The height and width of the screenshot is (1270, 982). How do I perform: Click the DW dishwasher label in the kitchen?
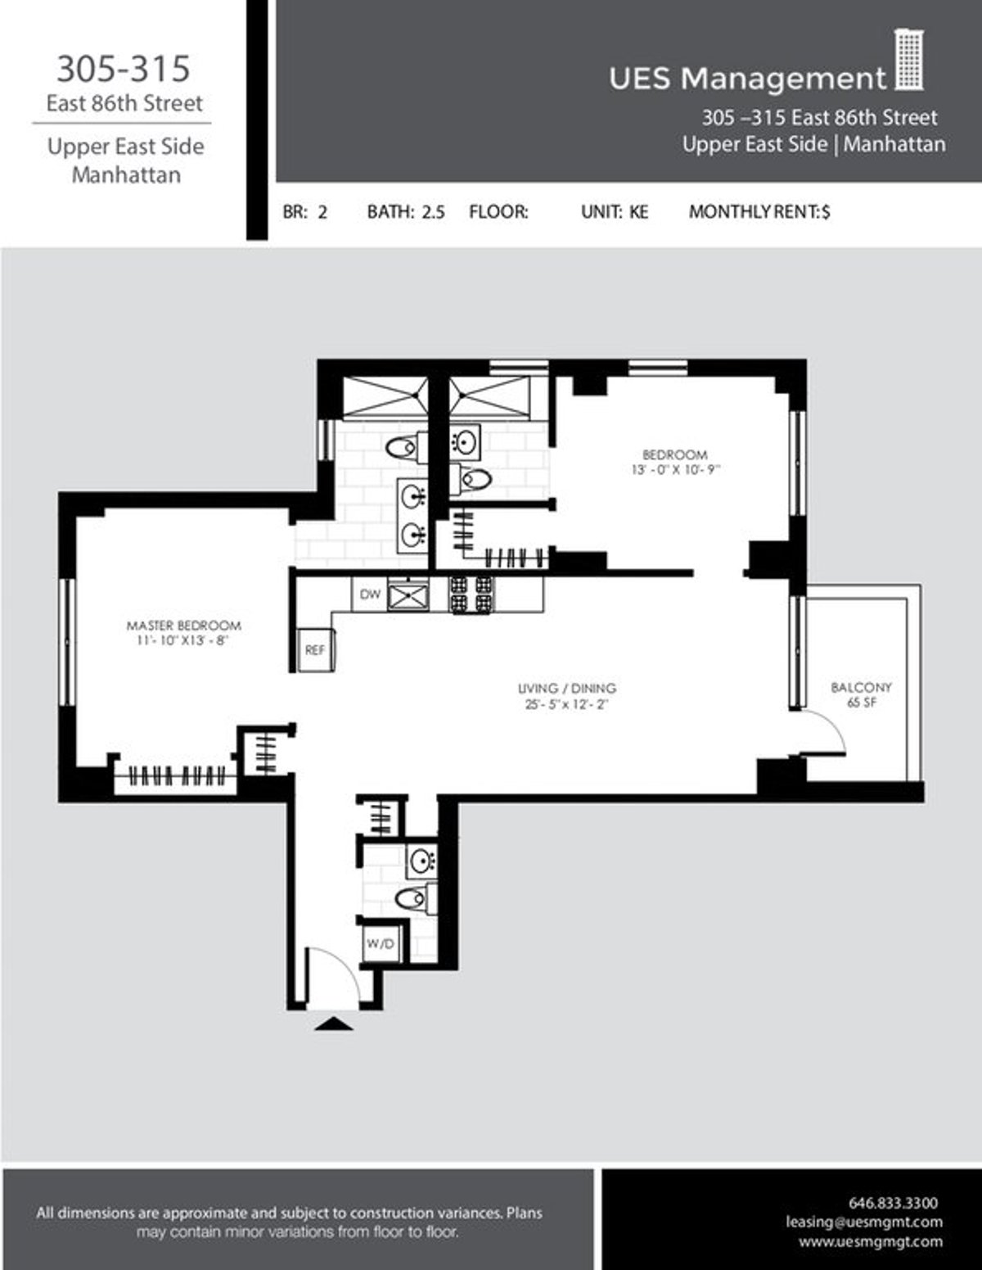tap(370, 595)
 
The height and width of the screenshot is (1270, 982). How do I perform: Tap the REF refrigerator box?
tap(315, 650)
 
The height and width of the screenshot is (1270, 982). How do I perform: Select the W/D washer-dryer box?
tap(381, 943)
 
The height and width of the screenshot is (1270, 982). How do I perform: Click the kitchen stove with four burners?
tap(471, 595)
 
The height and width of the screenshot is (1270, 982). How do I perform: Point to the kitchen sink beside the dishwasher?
tap(408, 595)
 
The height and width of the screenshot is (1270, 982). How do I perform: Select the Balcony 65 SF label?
tap(861, 694)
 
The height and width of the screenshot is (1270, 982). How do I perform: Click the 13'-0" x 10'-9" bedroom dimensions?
tap(675, 469)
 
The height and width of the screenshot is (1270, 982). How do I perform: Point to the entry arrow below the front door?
tap(333, 1024)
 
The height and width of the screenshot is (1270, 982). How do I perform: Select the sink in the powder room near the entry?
tap(421, 860)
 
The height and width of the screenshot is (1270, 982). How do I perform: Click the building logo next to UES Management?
tap(909, 61)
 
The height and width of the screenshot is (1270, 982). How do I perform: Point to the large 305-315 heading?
tap(124, 69)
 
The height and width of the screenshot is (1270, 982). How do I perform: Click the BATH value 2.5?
tap(433, 211)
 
